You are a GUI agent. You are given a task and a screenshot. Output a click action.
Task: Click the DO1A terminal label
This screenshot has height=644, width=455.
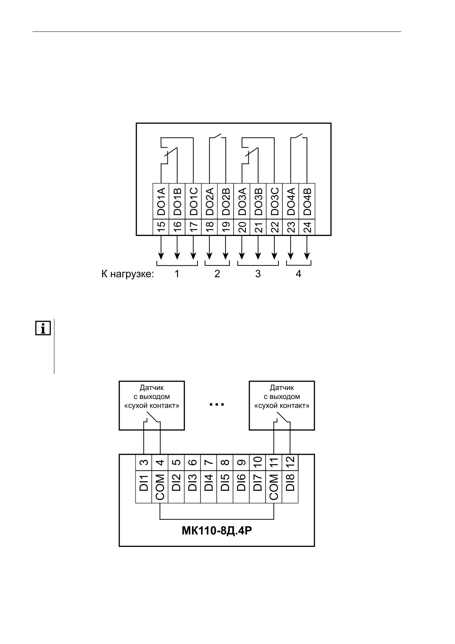click(x=161, y=201)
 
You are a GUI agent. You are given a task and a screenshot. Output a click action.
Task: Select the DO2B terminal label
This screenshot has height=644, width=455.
click(x=226, y=201)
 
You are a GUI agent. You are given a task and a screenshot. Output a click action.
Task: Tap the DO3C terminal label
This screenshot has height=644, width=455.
click(x=275, y=201)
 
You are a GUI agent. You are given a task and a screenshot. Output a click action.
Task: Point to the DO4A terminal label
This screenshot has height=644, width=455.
click(x=291, y=201)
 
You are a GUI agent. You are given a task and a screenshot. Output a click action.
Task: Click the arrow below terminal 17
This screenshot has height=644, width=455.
click(x=194, y=247)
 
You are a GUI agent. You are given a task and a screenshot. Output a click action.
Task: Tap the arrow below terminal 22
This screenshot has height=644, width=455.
click(x=275, y=247)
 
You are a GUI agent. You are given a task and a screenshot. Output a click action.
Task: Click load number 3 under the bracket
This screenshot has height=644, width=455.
click(x=258, y=274)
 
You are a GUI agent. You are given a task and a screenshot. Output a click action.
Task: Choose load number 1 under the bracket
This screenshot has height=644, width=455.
click(x=177, y=274)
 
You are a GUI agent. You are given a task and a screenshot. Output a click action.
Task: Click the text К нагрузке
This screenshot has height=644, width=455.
click(x=128, y=274)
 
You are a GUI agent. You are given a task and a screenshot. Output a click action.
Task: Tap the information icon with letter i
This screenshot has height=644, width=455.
click(x=43, y=328)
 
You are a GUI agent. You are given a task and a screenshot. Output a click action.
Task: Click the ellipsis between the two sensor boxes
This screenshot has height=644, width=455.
click(x=217, y=405)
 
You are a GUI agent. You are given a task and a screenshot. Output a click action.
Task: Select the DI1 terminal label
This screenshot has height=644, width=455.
click(x=144, y=483)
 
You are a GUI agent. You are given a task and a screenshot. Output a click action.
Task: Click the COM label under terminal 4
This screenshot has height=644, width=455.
click(x=160, y=487)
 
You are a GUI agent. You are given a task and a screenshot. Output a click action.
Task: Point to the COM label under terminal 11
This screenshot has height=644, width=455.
click(x=274, y=487)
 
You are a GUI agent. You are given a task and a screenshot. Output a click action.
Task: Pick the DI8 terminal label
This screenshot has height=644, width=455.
click(x=290, y=483)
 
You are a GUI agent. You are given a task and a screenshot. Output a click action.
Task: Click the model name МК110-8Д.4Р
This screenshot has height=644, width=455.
click(x=217, y=532)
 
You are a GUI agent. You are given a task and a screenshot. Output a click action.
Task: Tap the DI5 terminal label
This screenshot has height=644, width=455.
click(x=225, y=483)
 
